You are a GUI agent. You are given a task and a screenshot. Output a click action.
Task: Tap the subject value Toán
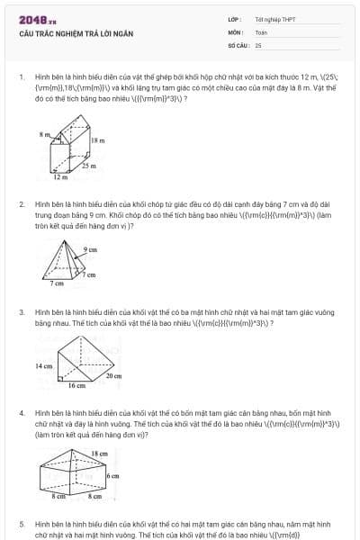click(x=261, y=31)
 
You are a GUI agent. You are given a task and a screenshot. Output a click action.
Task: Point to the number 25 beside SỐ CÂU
click(x=258, y=43)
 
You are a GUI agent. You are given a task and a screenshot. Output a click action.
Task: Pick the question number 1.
click(x=21, y=77)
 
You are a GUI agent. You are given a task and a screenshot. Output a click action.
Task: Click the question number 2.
click(x=21, y=204)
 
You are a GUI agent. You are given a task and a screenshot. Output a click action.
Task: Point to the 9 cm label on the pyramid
click(x=90, y=248)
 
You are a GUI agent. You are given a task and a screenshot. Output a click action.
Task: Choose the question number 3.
click(x=21, y=312)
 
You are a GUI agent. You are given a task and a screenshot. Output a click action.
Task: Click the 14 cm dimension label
click(x=43, y=366)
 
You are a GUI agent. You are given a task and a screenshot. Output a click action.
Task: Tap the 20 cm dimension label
click(x=112, y=375)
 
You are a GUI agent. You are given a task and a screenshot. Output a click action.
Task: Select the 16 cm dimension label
click(x=76, y=385)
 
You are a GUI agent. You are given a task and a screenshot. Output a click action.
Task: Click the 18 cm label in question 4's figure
click(x=99, y=454)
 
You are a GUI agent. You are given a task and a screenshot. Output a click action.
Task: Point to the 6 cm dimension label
click(x=112, y=474)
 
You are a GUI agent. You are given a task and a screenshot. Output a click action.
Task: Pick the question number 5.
click(x=21, y=523)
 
